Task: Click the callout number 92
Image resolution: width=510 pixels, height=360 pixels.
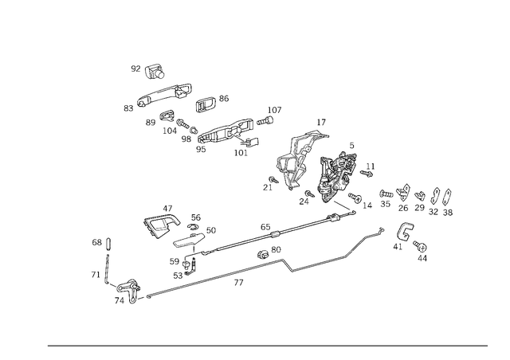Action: [x=135, y=68]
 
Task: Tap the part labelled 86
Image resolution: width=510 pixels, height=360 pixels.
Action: [x=205, y=104]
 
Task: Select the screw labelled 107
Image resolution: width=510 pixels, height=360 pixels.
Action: [x=265, y=121]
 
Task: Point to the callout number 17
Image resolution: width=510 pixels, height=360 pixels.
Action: [x=321, y=123]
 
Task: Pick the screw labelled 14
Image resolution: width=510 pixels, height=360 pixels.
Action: [x=355, y=197]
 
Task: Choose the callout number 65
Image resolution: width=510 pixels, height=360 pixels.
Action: [x=265, y=226]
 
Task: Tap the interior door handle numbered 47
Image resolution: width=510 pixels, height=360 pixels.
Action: [x=161, y=225]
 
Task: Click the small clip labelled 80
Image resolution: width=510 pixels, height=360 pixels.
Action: [x=263, y=253]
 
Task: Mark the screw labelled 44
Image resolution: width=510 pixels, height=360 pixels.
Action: [x=420, y=246]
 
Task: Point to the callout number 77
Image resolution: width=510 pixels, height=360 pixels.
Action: [x=238, y=283]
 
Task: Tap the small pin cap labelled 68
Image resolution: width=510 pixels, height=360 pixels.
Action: [x=108, y=243]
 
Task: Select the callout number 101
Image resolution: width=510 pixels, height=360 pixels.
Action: [x=241, y=152]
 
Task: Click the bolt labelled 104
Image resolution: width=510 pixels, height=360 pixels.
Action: [x=182, y=123]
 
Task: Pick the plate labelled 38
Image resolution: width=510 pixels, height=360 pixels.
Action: [x=447, y=197]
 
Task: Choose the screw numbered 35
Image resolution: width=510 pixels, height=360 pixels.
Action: [x=386, y=194]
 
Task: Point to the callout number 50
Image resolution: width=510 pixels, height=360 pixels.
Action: [x=211, y=230]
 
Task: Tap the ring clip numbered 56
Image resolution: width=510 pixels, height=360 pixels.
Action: [x=193, y=227]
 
